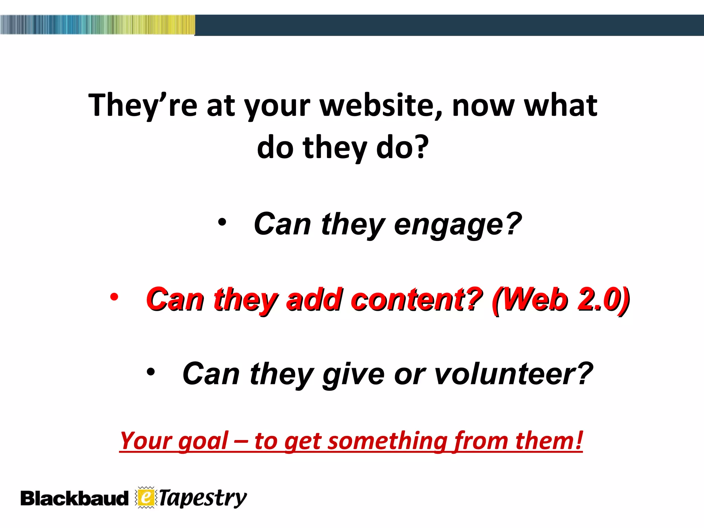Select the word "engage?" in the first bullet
click(458, 224)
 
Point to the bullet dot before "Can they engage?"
click(222, 222)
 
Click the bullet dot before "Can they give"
click(151, 372)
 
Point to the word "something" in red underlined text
click(387, 441)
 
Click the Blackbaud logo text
click(74, 498)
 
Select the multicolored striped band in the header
click(98, 25)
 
